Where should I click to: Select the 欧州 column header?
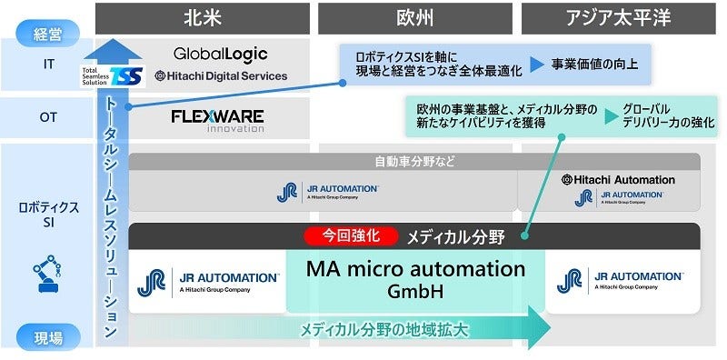pos(413,17)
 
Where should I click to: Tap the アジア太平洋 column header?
pos(619,17)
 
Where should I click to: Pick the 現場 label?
pos(46,337)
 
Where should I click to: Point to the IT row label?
pos(46,65)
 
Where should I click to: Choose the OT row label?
pos(46,117)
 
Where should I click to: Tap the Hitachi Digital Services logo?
pos(221,76)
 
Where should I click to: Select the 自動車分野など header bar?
pos(414,162)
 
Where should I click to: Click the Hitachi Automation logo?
pos(618,180)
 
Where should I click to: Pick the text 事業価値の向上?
pos(596,65)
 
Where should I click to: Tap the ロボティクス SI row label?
pos(46,215)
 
